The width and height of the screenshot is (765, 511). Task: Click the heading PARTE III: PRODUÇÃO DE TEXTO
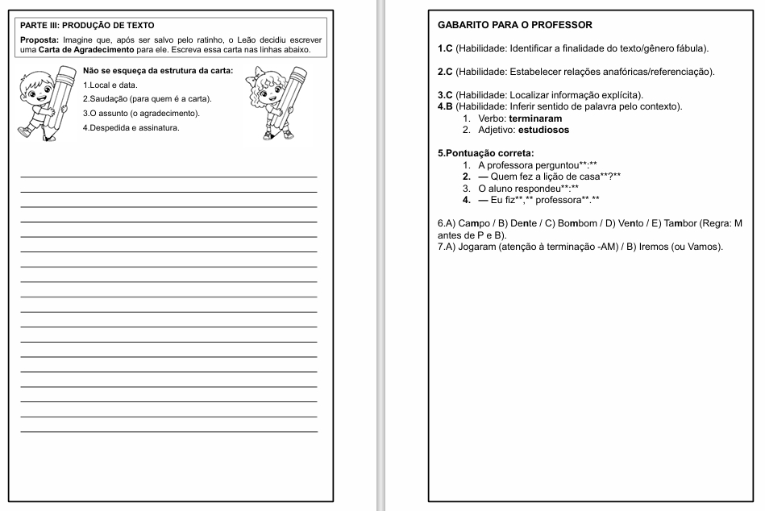coord(87,26)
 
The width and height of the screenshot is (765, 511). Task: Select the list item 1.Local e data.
coord(110,85)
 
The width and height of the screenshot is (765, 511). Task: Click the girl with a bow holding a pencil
coord(279,103)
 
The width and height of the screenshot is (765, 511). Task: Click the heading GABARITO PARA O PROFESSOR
coord(514,25)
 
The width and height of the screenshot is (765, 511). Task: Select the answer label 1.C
coord(444,49)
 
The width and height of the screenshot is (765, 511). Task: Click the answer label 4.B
coord(444,106)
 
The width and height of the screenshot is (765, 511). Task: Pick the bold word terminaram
coord(536,118)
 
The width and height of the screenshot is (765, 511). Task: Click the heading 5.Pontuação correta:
coord(486,153)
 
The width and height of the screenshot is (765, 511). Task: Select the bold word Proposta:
coord(39,39)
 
